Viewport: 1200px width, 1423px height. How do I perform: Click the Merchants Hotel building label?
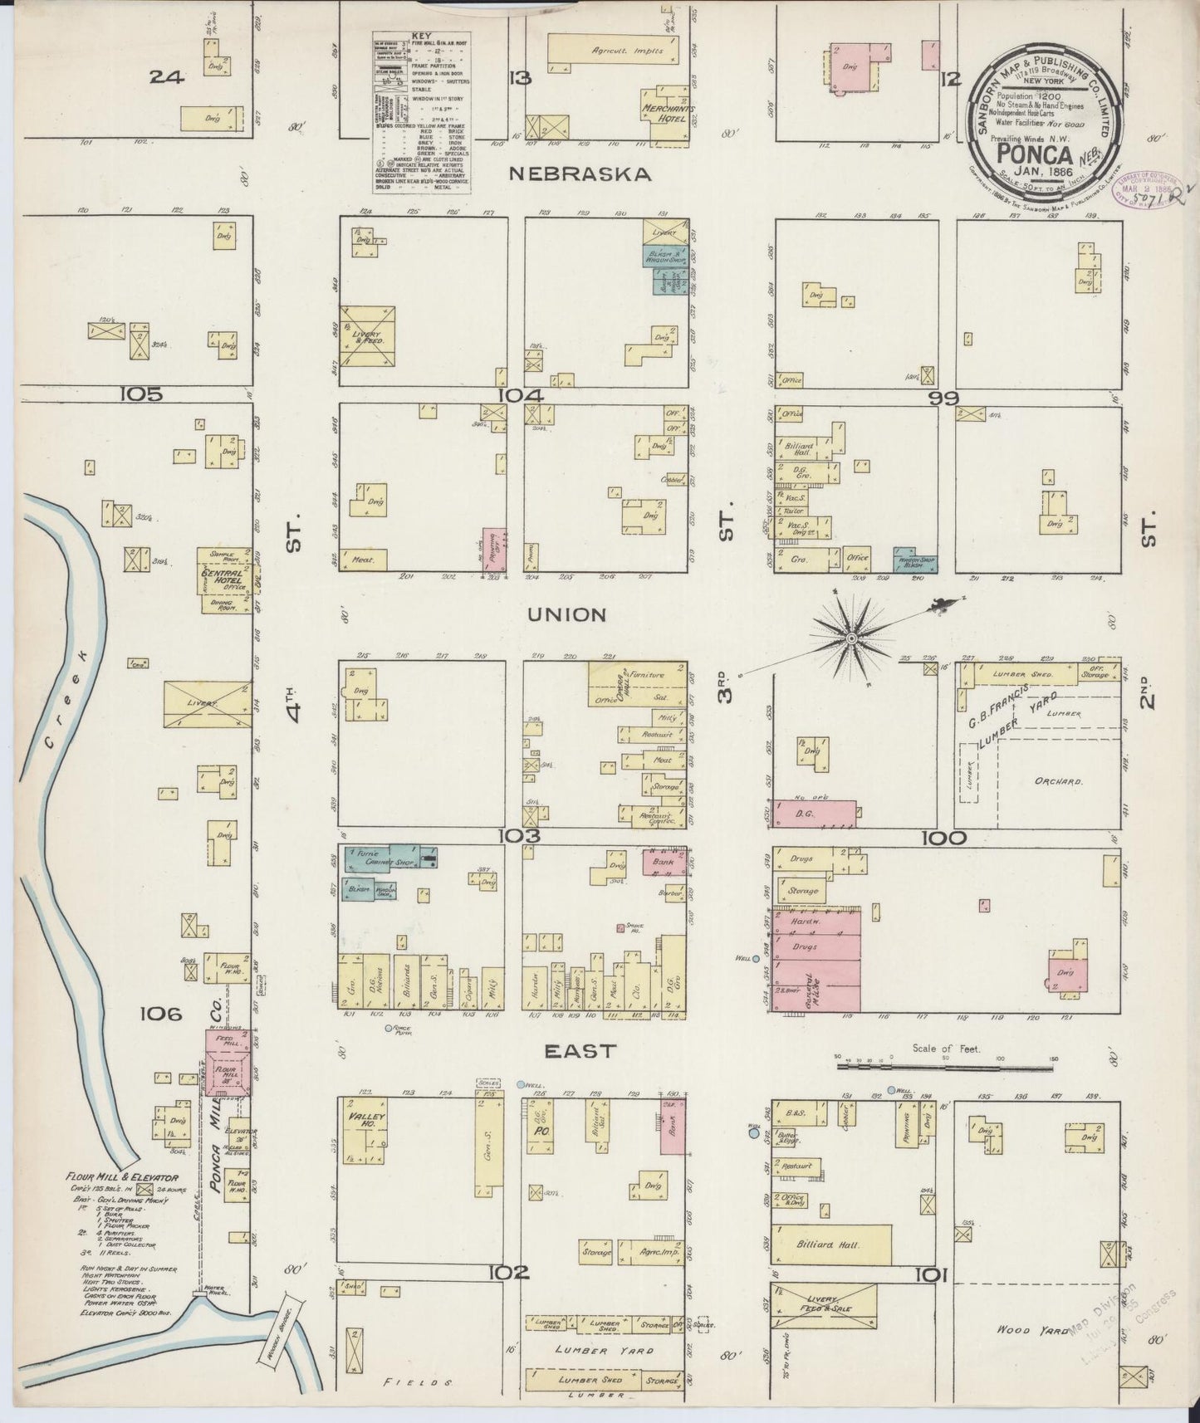click(x=666, y=111)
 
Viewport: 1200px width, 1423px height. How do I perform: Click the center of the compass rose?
click(x=851, y=637)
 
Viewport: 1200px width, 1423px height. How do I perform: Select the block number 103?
click(x=521, y=835)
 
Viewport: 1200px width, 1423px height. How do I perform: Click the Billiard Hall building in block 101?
click(x=832, y=1245)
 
